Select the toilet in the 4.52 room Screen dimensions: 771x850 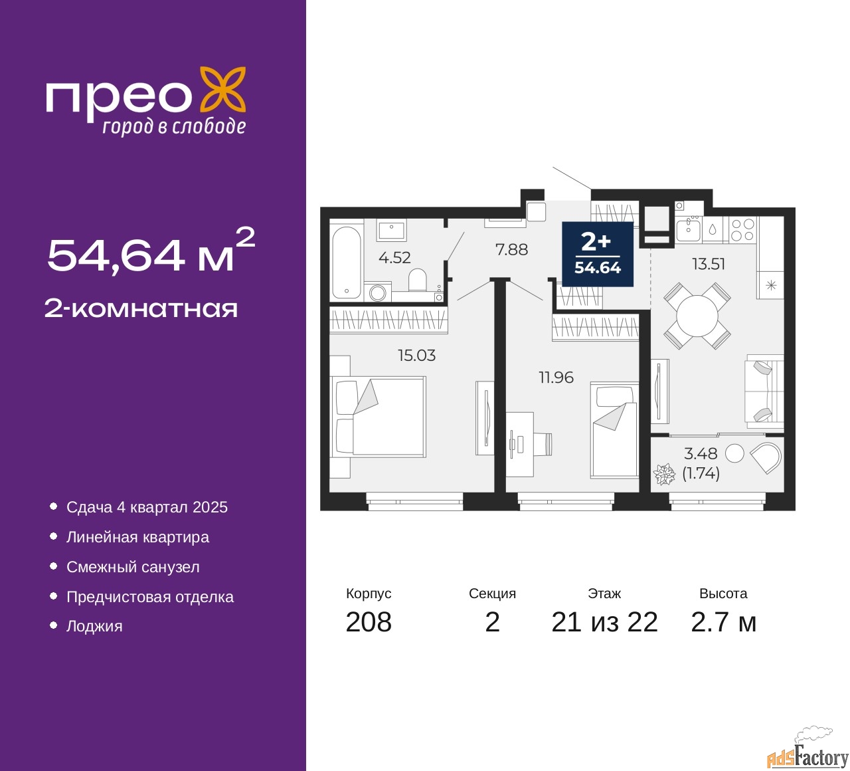(418, 280)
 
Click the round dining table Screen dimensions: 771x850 (697, 316)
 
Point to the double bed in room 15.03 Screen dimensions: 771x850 (381, 417)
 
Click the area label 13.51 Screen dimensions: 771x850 (709, 264)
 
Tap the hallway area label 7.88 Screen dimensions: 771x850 (511, 250)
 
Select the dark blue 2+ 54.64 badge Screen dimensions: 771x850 (597, 254)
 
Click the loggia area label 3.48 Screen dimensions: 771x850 (701, 454)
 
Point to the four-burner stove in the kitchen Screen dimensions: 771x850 (742, 230)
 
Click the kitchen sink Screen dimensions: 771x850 (688, 230)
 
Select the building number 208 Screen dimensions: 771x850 (369, 622)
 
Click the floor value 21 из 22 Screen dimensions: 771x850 (604, 622)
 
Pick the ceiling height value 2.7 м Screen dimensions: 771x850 (723, 622)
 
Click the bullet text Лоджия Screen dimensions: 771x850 (94, 626)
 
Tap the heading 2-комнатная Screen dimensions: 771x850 (141, 308)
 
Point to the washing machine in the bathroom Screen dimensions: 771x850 (378, 292)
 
